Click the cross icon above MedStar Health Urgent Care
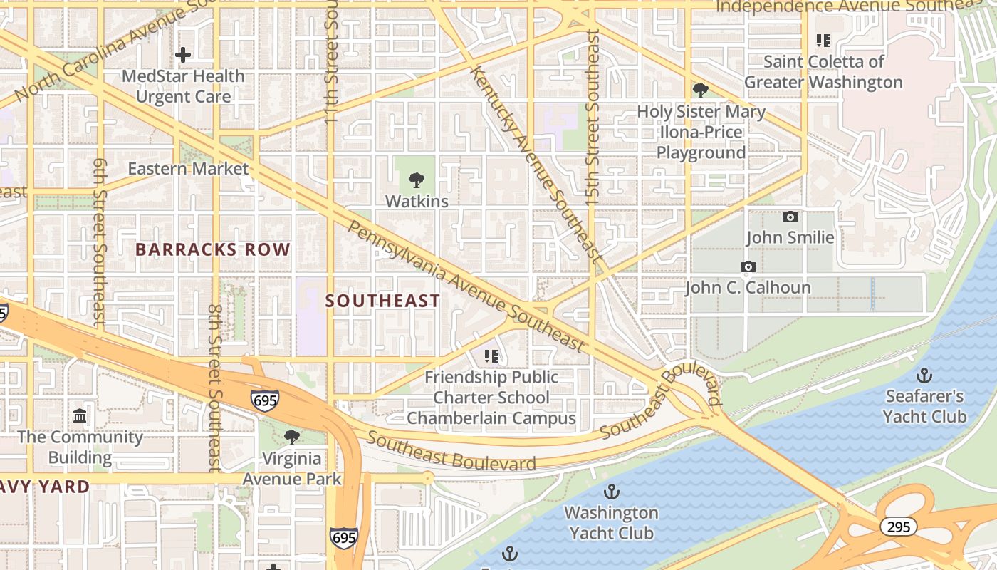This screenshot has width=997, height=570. (x=183, y=55)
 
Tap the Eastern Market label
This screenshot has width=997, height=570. (x=188, y=169)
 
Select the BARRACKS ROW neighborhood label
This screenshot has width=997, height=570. (x=213, y=249)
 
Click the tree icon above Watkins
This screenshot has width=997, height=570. (x=417, y=180)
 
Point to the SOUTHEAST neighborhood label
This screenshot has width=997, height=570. (x=383, y=301)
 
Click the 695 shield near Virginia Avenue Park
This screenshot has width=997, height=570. (x=264, y=401)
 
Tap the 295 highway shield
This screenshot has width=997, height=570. (x=898, y=527)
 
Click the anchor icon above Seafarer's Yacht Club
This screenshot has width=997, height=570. (x=924, y=375)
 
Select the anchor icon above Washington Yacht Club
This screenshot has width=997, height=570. (x=611, y=492)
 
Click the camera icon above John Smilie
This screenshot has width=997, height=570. (x=790, y=217)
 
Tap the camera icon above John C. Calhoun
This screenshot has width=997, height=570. (x=748, y=267)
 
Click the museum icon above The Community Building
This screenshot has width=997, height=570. (x=80, y=415)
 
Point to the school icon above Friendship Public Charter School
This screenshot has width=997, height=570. (x=491, y=356)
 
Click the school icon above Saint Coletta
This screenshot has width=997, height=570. (x=823, y=41)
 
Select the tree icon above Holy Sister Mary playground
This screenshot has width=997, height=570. (x=700, y=90)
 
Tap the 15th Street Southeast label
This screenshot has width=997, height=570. (x=593, y=118)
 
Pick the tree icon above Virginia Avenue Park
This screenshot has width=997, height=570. (x=291, y=437)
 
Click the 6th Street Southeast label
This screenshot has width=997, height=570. (x=100, y=242)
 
